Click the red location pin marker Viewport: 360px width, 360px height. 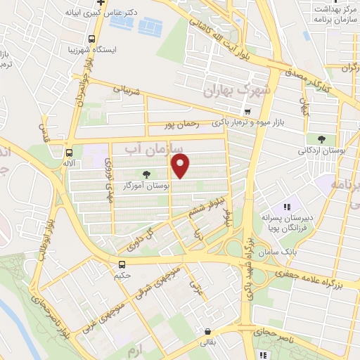tap(181, 167)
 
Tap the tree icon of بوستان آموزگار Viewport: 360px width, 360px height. tap(146, 174)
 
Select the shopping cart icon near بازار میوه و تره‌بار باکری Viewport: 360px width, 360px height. tap(247, 112)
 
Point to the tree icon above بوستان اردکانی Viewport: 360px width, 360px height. tap(321, 139)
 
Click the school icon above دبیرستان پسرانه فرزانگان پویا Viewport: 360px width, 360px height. tap(287, 207)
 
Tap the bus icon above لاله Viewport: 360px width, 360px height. tap(69, 152)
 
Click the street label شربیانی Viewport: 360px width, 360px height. tap(127, 90)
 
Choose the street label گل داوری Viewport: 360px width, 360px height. tap(140, 240)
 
